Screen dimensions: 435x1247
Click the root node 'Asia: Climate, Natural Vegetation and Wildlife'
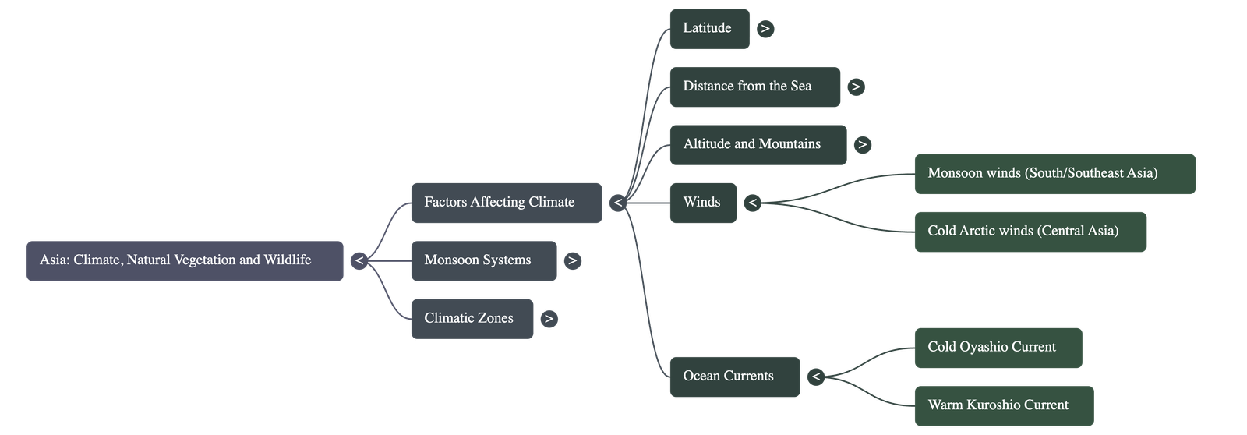tap(185, 260)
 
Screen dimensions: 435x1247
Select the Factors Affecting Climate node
tap(506, 203)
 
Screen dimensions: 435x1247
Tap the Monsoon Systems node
tap(483, 260)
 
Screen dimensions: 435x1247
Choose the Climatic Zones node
tap(472, 318)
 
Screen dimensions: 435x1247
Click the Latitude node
tap(709, 29)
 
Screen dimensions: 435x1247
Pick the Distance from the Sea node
tap(754, 87)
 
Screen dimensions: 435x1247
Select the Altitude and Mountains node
tap(758, 144)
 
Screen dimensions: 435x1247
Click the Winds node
tap(703, 203)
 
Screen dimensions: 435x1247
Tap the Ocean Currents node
tap(734, 377)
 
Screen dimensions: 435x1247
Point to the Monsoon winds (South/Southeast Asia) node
tap(1054, 173)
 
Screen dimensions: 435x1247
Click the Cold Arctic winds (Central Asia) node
tap(1030, 232)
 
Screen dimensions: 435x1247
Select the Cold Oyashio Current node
tap(998, 348)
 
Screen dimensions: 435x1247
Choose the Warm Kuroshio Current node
tap(1003, 405)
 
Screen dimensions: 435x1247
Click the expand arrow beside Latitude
tap(765, 29)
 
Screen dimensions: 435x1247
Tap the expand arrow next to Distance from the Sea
tap(856, 87)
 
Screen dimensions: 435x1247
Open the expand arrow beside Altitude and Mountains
tap(862, 144)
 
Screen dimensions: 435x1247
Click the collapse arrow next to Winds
tap(752, 203)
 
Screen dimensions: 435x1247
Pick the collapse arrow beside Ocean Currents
tap(815, 377)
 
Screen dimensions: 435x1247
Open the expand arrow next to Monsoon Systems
tap(573, 260)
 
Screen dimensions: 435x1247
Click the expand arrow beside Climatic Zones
tap(549, 318)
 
